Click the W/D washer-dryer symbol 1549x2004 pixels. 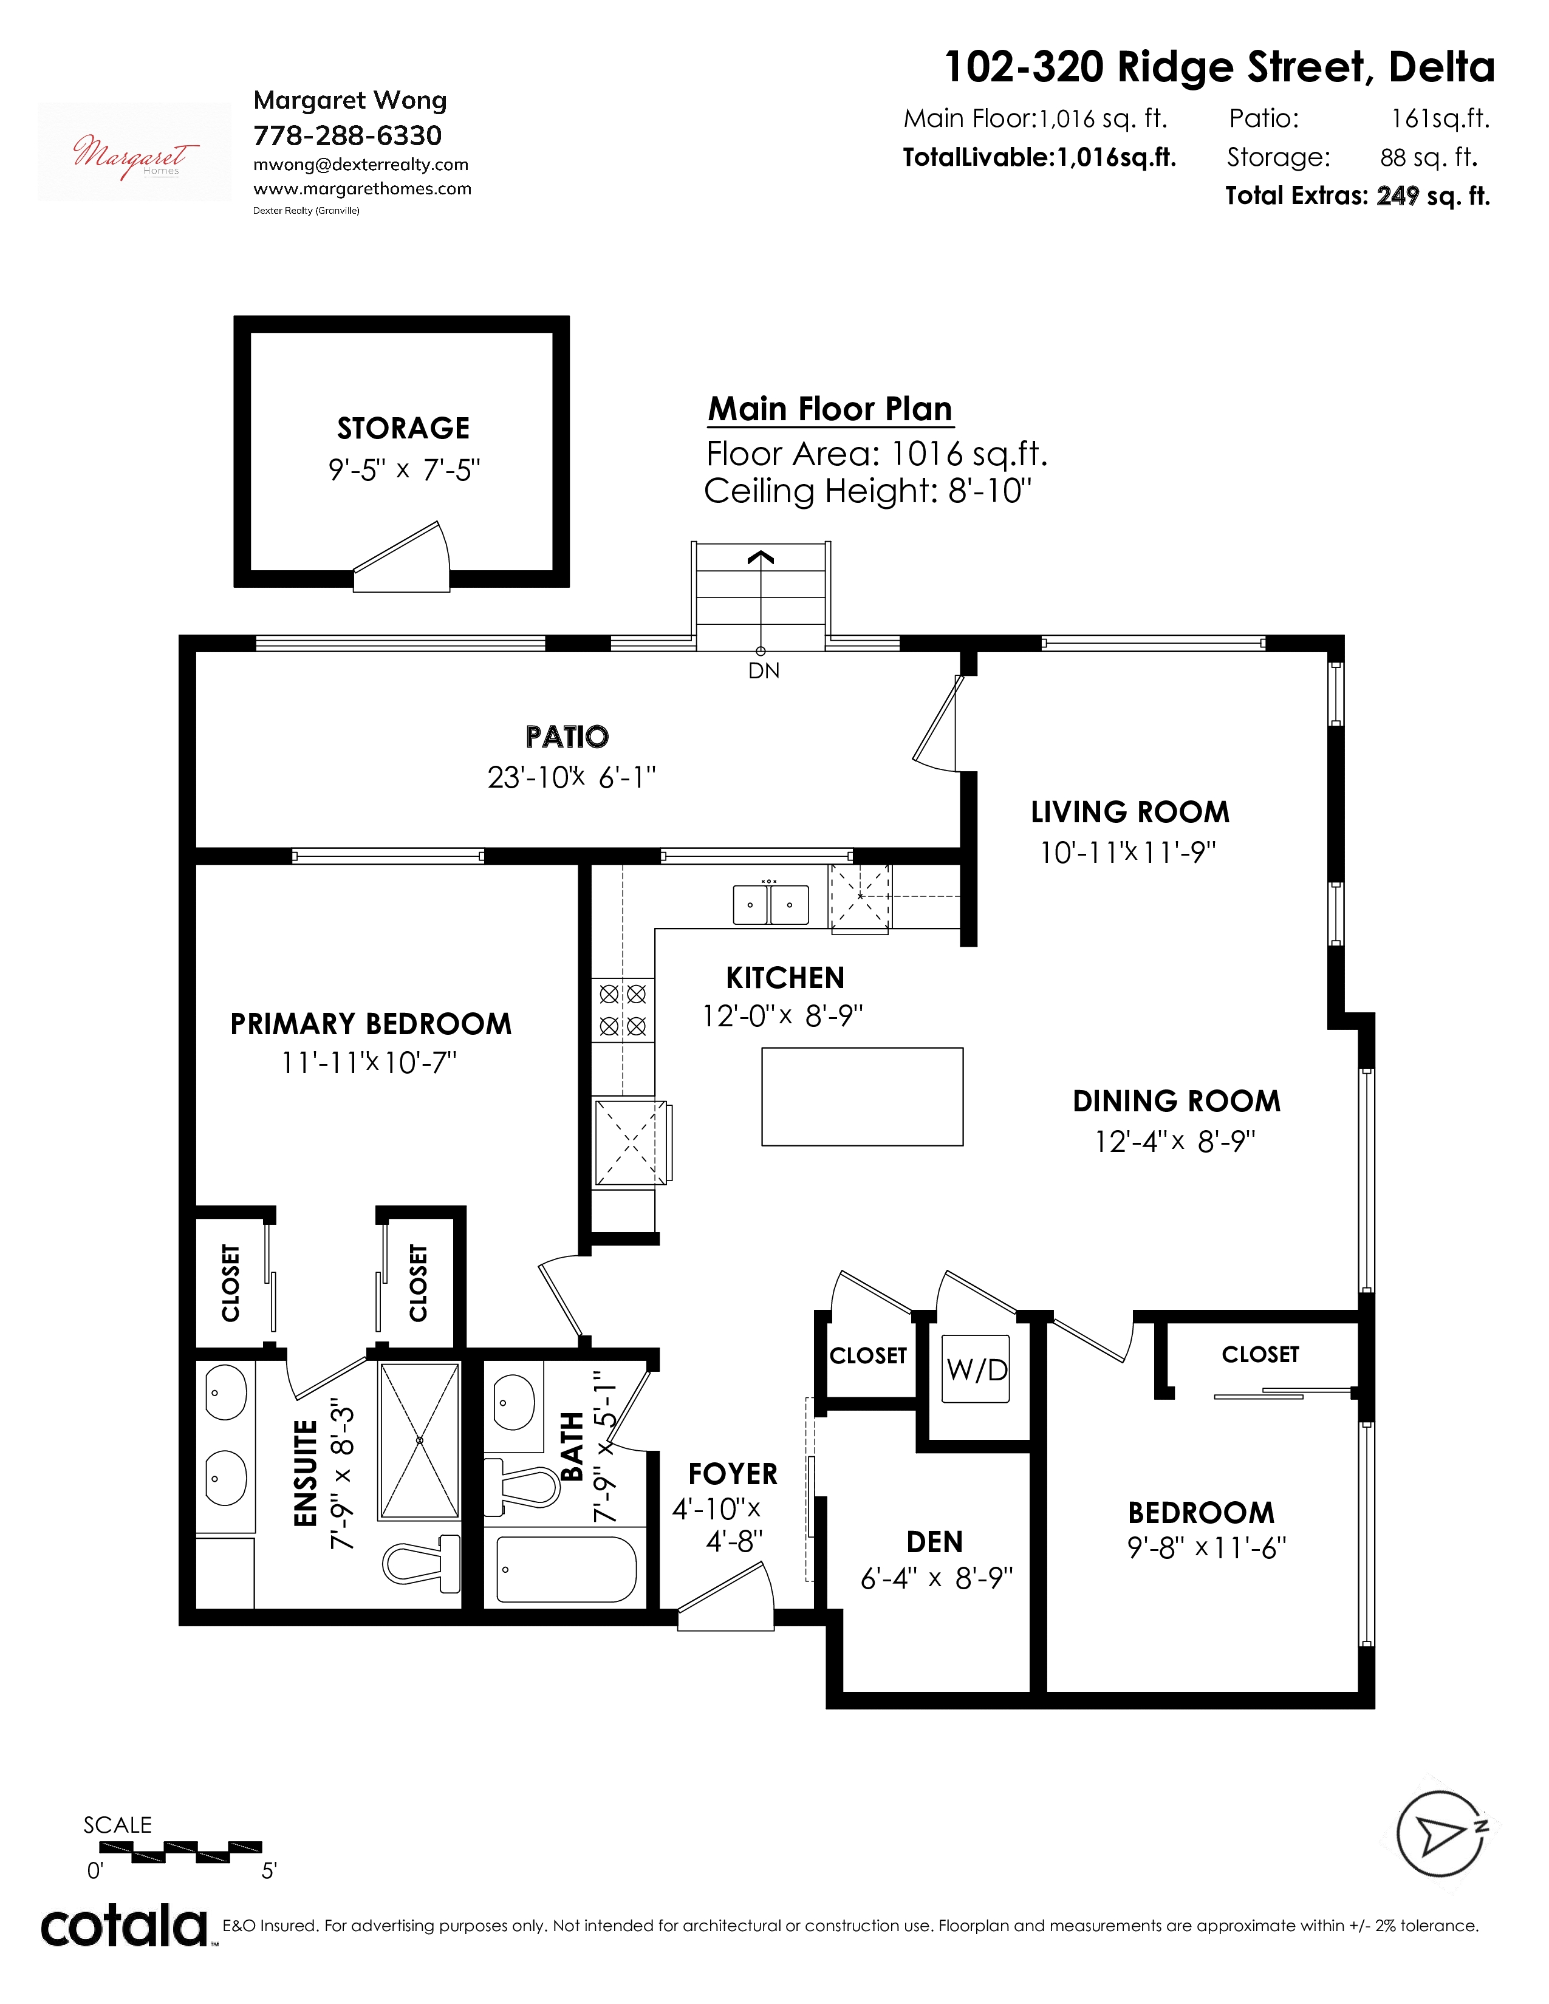pos(976,1369)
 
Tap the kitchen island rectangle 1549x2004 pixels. pos(862,1097)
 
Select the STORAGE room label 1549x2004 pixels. pos(403,429)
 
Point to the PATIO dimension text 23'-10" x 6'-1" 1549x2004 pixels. pos(572,777)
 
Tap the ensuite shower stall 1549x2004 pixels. pos(419,1440)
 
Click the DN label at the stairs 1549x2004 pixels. pos(764,671)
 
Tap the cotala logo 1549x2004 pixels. pos(124,1927)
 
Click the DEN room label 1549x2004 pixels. pos(935,1541)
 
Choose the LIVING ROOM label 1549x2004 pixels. pos(1130,812)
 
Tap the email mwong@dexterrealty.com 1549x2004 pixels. pos(361,164)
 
